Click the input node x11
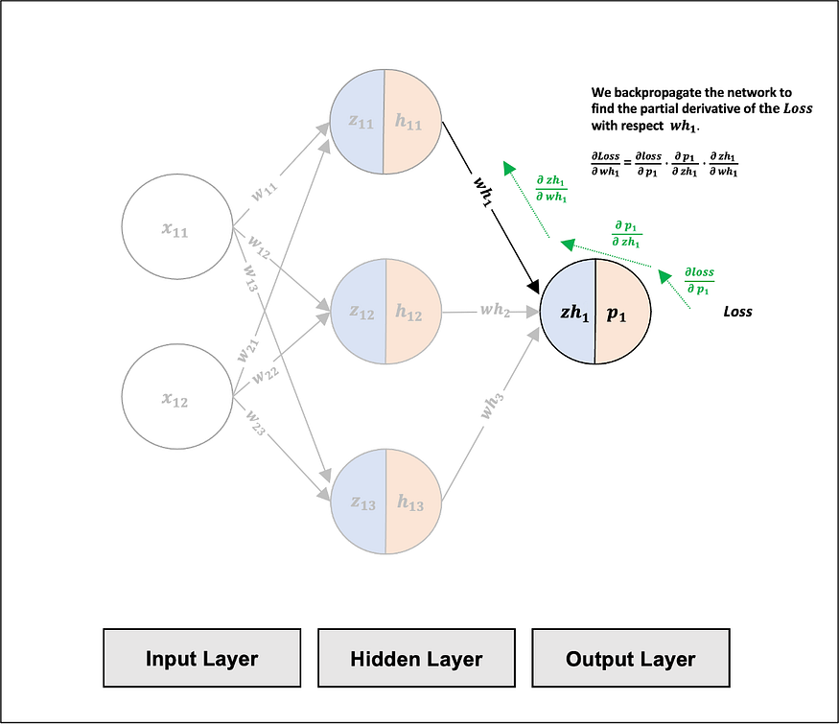pyautogui.click(x=177, y=226)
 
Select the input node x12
pyautogui.click(x=177, y=396)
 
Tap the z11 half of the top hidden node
pyautogui.click(x=357, y=122)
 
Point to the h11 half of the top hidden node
pyautogui.click(x=412, y=122)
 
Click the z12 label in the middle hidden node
pyautogui.click(x=361, y=312)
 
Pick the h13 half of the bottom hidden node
pyautogui.click(x=413, y=502)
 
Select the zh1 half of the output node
pyautogui.click(x=568, y=312)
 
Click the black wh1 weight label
pyautogui.click(x=482, y=191)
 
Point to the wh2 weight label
pyautogui.click(x=495, y=310)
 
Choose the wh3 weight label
pyautogui.click(x=492, y=406)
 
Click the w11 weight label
pyautogui.click(x=265, y=191)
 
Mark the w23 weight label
pyautogui.click(x=255, y=422)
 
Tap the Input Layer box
pyautogui.click(x=201, y=658)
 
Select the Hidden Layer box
pyautogui.click(x=416, y=658)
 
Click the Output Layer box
pyautogui.click(x=631, y=658)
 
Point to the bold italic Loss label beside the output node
pyautogui.click(x=737, y=312)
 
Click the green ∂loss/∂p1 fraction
pyautogui.click(x=699, y=281)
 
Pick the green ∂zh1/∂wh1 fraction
pyautogui.click(x=551, y=188)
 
